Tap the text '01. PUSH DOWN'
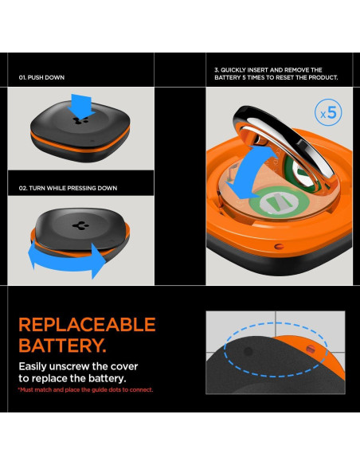[41, 78]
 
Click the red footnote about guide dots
[85, 389]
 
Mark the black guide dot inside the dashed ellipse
[248, 350]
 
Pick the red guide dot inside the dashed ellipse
[311, 348]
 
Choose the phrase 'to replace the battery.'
[72, 378]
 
